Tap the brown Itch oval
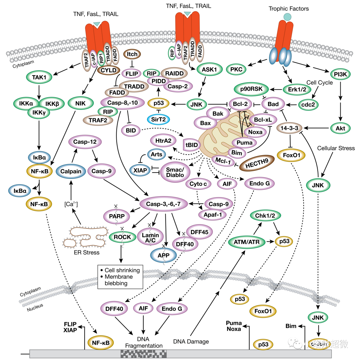(132, 54)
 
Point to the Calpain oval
(70, 172)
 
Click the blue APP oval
(163, 255)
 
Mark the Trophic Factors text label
(289, 9)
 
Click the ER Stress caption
(86, 252)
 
